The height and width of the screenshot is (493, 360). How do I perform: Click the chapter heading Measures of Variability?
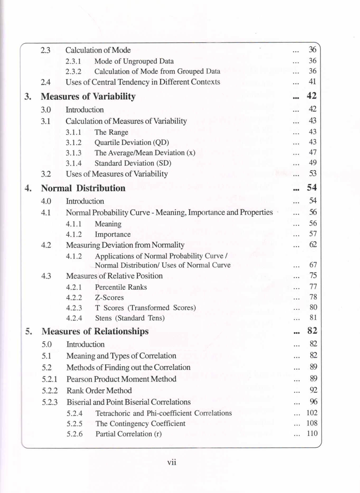[x=88, y=96]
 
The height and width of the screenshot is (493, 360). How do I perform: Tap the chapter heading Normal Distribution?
[x=83, y=188]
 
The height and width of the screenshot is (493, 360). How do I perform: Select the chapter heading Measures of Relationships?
[x=95, y=331]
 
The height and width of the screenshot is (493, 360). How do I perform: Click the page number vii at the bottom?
[x=172, y=462]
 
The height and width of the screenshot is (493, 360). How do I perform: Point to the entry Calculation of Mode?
[x=98, y=50]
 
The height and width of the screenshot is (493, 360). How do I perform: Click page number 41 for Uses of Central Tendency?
[x=312, y=81]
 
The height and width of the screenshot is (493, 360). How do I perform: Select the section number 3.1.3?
[x=73, y=153]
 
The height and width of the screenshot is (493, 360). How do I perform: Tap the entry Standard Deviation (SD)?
[x=133, y=163]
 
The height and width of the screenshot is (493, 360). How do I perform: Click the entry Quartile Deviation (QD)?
[x=132, y=142]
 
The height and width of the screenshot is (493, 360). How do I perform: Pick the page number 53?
[x=313, y=173]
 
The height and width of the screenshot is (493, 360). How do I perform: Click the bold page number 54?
[x=312, y=187]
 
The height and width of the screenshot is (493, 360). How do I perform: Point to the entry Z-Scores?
[x=109, y=297]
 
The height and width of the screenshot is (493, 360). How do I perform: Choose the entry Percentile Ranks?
[x=121, y=287]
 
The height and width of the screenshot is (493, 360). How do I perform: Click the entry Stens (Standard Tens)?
[x=130, y=318]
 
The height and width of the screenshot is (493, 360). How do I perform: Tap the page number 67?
[x=313, y=265]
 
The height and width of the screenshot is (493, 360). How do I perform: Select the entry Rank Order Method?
[x=99, y=390]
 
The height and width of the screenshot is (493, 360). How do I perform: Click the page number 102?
[x=312, y=413]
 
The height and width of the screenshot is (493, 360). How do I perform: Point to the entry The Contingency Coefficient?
[x=140, y=423]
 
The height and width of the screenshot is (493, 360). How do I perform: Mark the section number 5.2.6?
[x=74, y=434]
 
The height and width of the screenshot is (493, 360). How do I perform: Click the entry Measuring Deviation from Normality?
[x=125, y=245]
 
